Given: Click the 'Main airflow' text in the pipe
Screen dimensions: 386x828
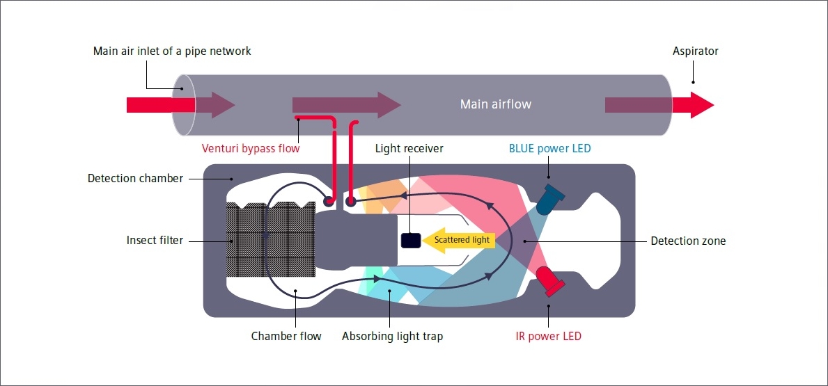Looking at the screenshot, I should tap(495, 104).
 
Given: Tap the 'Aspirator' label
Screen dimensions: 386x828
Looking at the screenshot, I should tap(695, 51).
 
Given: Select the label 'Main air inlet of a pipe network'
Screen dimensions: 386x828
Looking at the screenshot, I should tap(172, 51).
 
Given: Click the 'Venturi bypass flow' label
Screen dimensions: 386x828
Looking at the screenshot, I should tap(251, 148).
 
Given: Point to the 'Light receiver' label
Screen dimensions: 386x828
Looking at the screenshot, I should tap(409, 148).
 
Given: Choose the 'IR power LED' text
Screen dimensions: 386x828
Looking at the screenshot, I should tap(548, 337).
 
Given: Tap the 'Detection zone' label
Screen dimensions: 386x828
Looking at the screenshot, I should tap(688, 241).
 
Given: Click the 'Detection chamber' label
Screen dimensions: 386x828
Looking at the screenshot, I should tap(135, 179).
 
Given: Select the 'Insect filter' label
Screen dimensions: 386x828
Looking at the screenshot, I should tap(155, 241).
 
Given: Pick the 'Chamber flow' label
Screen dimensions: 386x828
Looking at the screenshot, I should tap(286, 337).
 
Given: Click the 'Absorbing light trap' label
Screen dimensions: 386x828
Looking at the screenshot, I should tap(392, 337).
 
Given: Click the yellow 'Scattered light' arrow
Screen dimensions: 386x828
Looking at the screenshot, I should tap(459, 240).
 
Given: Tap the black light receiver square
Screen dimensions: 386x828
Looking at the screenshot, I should tap(411, 240).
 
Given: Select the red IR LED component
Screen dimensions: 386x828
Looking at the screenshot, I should tap(550, 280).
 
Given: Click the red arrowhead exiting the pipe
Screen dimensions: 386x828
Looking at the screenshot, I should tap(701, 105).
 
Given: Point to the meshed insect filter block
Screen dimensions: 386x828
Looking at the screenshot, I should tap(270, 240).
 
